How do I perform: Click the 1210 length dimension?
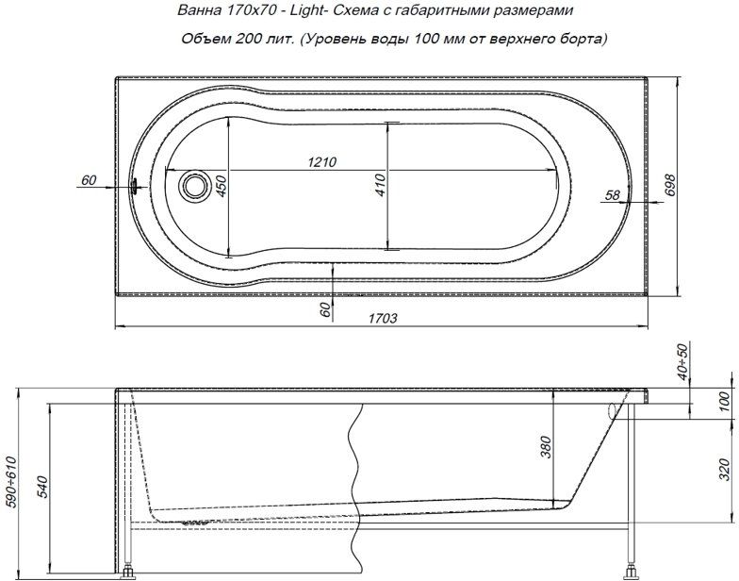tap(322, 162)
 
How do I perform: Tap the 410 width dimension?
tap(381, 185)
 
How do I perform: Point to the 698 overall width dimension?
tap(669, 185)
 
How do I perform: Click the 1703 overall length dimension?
tap(383, 319)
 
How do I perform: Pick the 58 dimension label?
tap(613, 194)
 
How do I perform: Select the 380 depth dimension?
tap(545, 447)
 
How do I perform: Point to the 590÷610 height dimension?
tap(9, 481)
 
